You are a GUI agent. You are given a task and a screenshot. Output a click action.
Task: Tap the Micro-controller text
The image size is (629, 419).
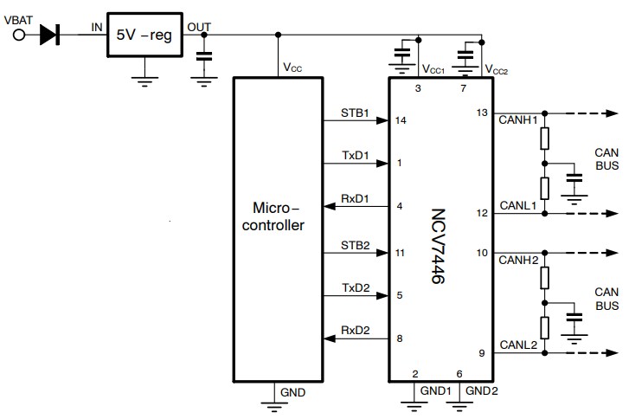277,217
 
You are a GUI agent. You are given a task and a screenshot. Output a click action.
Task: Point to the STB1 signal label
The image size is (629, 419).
355,113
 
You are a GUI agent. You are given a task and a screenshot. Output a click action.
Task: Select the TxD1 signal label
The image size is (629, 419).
355,156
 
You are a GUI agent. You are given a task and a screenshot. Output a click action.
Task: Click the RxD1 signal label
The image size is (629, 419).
355,199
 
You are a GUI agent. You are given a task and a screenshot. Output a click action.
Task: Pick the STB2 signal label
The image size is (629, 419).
355,246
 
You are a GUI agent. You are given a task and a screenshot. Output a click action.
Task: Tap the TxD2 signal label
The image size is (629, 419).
355,288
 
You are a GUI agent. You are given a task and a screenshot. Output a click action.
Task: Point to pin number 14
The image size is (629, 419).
400,120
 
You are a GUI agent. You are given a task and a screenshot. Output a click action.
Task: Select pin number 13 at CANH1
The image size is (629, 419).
482,113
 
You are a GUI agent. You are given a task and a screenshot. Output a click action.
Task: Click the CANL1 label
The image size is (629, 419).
518,205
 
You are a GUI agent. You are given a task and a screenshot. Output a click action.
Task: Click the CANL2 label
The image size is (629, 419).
518,345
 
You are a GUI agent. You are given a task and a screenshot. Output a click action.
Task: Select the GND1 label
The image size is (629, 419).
435,391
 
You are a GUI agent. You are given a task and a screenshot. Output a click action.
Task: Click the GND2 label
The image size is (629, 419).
482,391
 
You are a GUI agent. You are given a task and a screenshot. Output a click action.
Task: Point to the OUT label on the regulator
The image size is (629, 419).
199,26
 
